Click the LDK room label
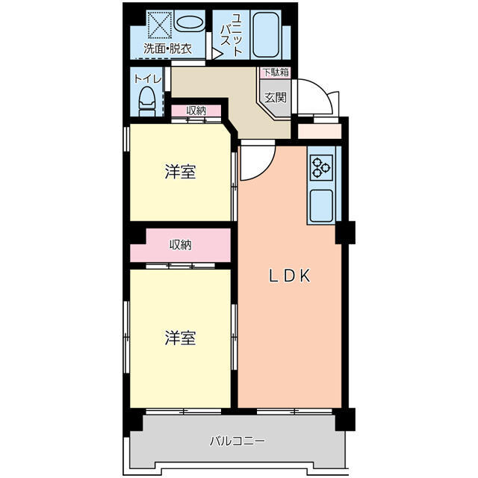(x=289, y=276)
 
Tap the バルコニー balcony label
(x=237, y=441)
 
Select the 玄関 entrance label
(x=276, y=97)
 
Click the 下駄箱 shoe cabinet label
(x=276, y=72)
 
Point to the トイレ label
(x=148, y=79)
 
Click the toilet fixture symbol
(x=147, y=102)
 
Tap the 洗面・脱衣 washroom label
(x=167, y=49)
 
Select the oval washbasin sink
(x=189, y=23)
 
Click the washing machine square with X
(x=160, y=25)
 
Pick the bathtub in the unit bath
(x=266, y=34)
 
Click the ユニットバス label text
(x=232, y=34)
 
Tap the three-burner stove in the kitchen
(x=322, y=167)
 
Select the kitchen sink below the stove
(x=321, y=206)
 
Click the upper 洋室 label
(x=180, y=172)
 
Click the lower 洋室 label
(x=180, y=338)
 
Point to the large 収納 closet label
(x=181, y=245)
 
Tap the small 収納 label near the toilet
(x=196, y=111)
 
